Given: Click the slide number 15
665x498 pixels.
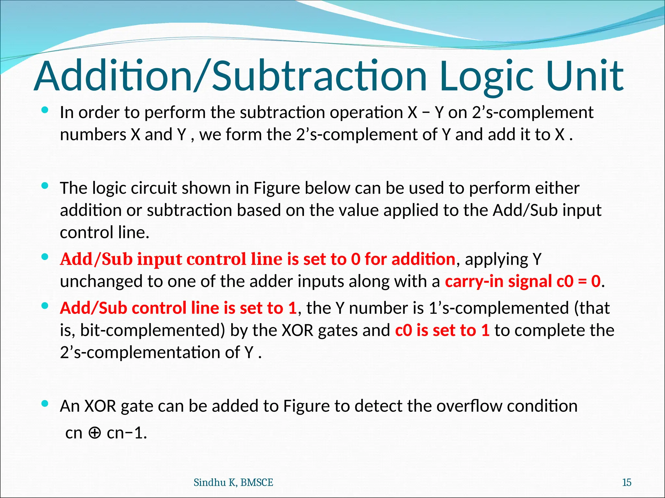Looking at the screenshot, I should (x=626, y=482).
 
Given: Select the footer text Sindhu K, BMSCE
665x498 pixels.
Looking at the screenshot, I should (x=233, y=482).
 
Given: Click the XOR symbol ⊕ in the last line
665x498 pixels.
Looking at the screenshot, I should (x=94, y=433).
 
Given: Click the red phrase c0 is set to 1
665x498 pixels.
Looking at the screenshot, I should (x=442, y=330).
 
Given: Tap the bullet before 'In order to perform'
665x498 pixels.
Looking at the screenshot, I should (x=45, y=110).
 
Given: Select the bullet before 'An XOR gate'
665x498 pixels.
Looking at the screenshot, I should (x=45, y=404).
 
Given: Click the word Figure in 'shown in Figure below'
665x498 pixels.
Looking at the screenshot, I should (x=276, y=188).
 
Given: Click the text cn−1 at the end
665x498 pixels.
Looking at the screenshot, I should (x=126, y=433).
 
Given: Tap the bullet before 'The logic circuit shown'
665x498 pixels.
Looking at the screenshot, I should (x=45, y=186).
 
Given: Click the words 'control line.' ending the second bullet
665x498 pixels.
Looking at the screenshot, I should (x=105, y=232).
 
